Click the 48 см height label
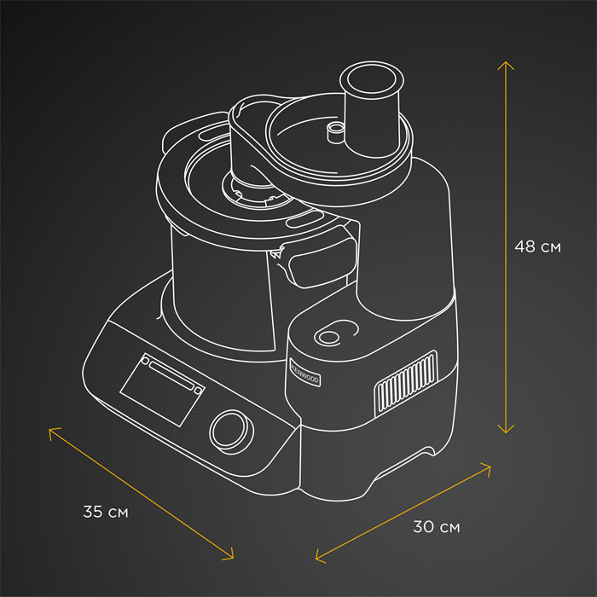pyautogui.click(x=537, y=246)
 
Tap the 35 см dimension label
pyautogui.click(x=106, y=512)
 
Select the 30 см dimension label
pyautogui.click(x=437, y=527)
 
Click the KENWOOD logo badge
pyautogui.click(x=304, y=373)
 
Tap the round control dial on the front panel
pyautogui.click(x=231, y=432)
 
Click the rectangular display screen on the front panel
pyautogui.click(x=163, y=390)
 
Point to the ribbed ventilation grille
pyautogui.click(x=406, y=384)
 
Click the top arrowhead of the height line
pyautogui.click(x=506, y=62)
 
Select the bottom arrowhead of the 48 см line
pyautogui.click(x=506, y=432)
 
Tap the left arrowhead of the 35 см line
pyautogui.click(x=49, y=429)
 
